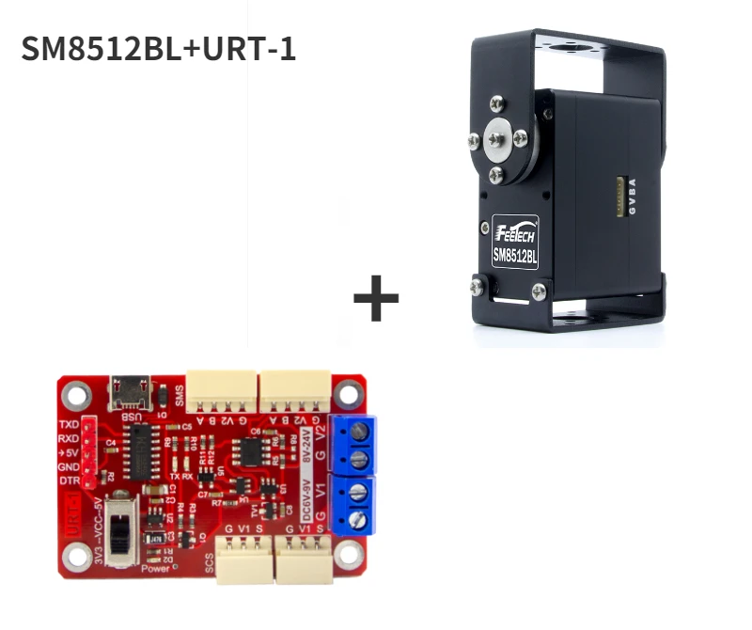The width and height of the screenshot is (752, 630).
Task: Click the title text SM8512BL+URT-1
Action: [158, 49]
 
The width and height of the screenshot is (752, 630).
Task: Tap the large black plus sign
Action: [376, 299]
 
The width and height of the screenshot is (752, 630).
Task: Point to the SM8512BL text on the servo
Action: [514, 254]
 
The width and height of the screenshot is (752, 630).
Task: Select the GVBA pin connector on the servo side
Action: [618, 197]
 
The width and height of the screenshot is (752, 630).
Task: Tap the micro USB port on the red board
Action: [131, 387]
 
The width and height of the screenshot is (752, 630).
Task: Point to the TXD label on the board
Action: [69, 425]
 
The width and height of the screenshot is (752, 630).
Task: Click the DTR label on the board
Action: [69, 480]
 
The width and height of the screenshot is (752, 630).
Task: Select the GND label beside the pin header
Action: [69, 466]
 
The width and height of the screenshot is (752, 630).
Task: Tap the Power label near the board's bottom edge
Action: [155, 569]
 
